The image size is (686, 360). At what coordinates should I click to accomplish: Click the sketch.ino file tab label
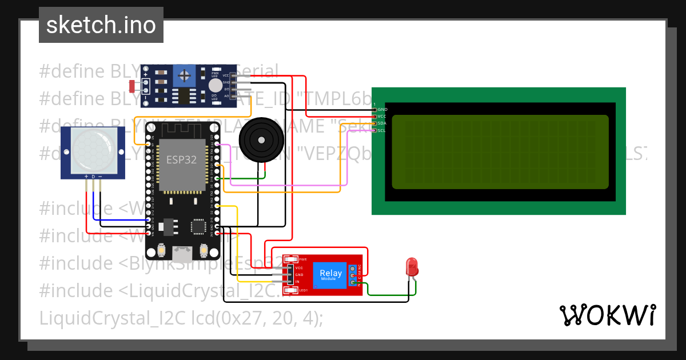(x=101, y=25)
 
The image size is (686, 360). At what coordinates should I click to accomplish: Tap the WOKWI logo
(x=607, y=315)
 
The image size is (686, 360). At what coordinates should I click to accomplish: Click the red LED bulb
(x=411, y=267)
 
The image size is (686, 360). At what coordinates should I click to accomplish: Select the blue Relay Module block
(x=331, y=275)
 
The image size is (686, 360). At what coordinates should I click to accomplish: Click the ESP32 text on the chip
(x=182, y=160)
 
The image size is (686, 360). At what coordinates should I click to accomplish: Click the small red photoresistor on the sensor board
(x=132, y=86)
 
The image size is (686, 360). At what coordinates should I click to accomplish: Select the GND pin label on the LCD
(x=382, y=109)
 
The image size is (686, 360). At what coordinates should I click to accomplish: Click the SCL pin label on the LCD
(x=382, y=130)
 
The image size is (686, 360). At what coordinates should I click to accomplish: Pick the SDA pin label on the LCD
(x=382, y=123)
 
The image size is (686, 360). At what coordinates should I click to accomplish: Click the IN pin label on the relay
(x=298, y=282)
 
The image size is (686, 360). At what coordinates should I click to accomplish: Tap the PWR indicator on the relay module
(x=302, y=259)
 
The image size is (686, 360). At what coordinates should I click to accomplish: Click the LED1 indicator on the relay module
(x=303, y=290)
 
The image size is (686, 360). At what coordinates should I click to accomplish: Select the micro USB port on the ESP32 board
(x=184, y=251)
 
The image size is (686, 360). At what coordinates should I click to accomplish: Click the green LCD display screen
(x=500, y=151)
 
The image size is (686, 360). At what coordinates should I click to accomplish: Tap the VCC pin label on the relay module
(x=299, y=267)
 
